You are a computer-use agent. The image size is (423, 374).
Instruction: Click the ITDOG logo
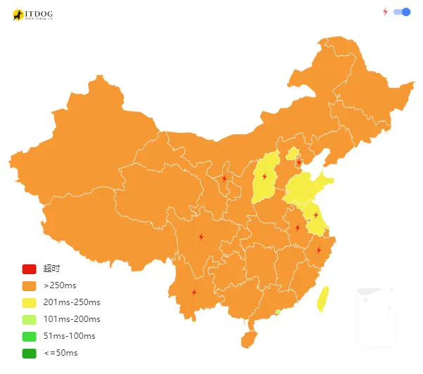pyautogui.click(x=32, y=15)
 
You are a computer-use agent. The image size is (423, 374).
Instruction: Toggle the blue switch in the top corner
pyautogui.click(x=402, y=12)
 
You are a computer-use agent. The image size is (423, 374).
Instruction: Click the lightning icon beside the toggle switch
pyautogui.click(x=385, y=12)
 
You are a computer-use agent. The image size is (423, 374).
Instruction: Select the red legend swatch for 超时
pyautogui.click(x=29, y=269)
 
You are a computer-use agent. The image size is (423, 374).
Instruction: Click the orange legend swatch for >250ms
pyautogui.click(x=29, y=285)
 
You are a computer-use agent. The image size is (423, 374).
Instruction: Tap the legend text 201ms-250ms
pyautogui.click(x=72, y=302)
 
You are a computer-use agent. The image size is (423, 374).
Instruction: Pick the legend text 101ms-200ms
pyautogui.click(x=72, y=319)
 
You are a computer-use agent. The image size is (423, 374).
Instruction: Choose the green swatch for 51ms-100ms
pyautogui.click(x=29, y=336)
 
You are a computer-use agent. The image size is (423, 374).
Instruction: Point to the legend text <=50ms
pyautogui.click(x=61, y=353)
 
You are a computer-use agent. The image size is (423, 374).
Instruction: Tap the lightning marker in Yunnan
pyautogui.click(x=194, y=292)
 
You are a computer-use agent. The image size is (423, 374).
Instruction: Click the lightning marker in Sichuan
pyautogui.click(x=201, y=237)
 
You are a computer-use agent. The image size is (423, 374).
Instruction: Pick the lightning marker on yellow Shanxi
pyautogui.click(x=265, y=176)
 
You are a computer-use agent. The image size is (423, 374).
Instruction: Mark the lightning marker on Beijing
pyautogui.click(x=298, y=162)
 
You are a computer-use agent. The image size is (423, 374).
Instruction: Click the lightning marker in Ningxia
pyautogui.click(x=225, y=179)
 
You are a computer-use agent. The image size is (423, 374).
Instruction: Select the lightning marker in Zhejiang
pyautogui.click(x=318, y=250)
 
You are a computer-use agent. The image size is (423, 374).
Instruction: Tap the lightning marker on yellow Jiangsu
pyautogui.click(x=315, y=215)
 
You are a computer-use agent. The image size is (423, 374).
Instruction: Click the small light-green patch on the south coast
pyautogui.click(x=279, y=311)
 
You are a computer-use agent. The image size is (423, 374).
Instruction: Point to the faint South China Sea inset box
pyautogui.click(x=377, y=316)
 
